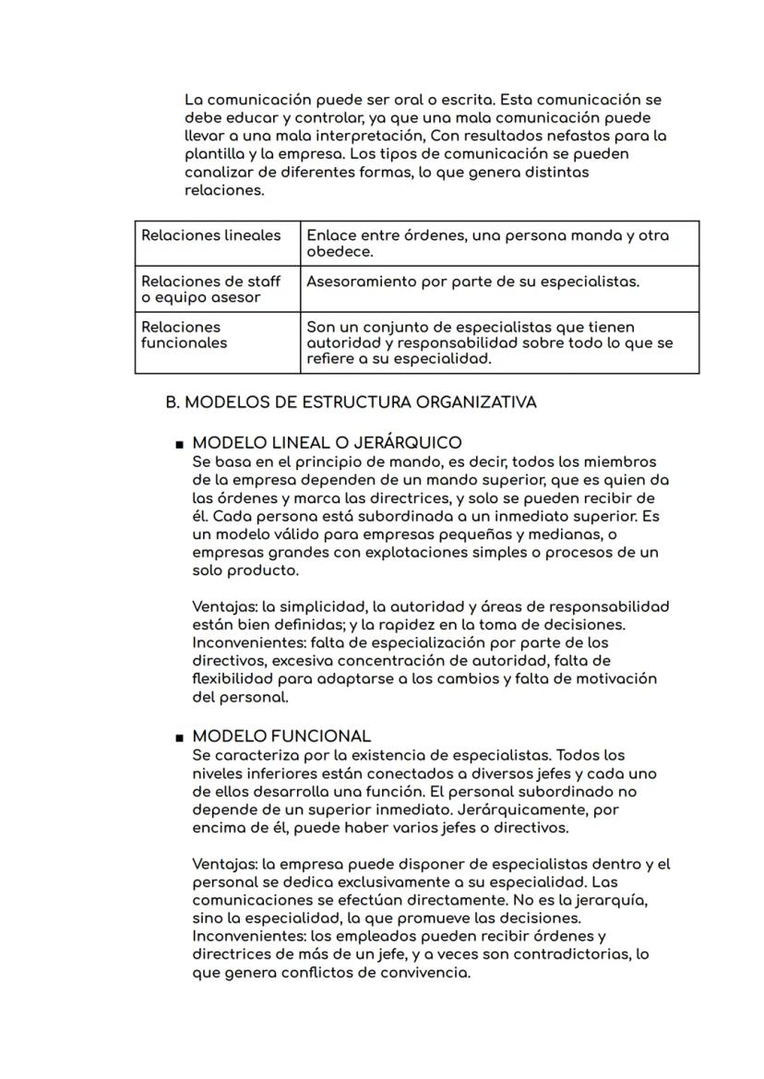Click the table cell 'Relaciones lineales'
coord(211,235)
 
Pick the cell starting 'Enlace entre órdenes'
coord(487,244)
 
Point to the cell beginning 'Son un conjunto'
coord(489,342)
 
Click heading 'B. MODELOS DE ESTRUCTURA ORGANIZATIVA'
coord(351,402)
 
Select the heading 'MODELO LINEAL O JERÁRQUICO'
coord(327,443)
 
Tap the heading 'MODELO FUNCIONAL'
coord(281,737)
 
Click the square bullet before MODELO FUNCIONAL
coord(178,738)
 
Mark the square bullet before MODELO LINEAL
coord(178,445)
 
